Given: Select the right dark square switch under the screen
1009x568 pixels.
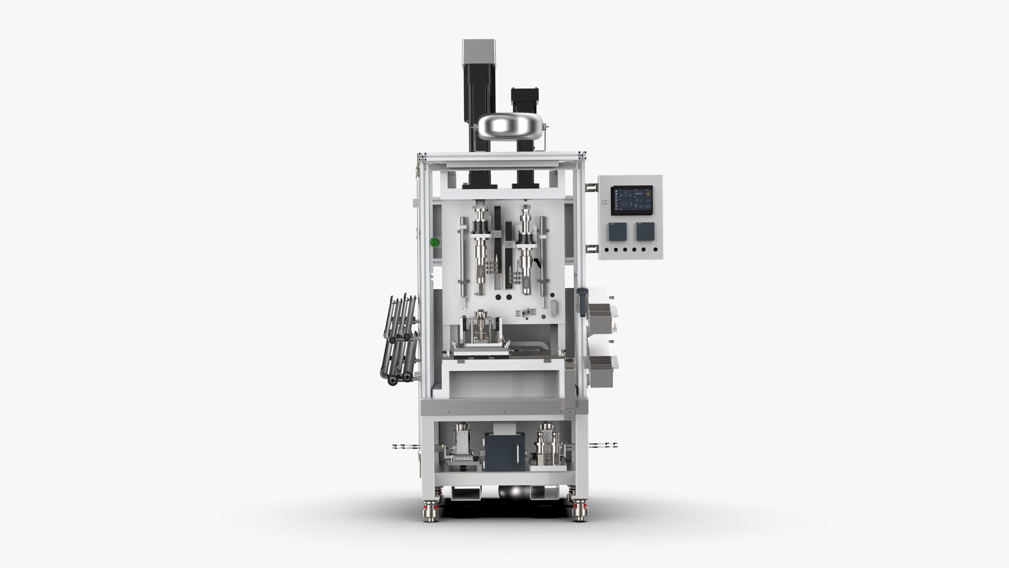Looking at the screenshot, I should (645, 231).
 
